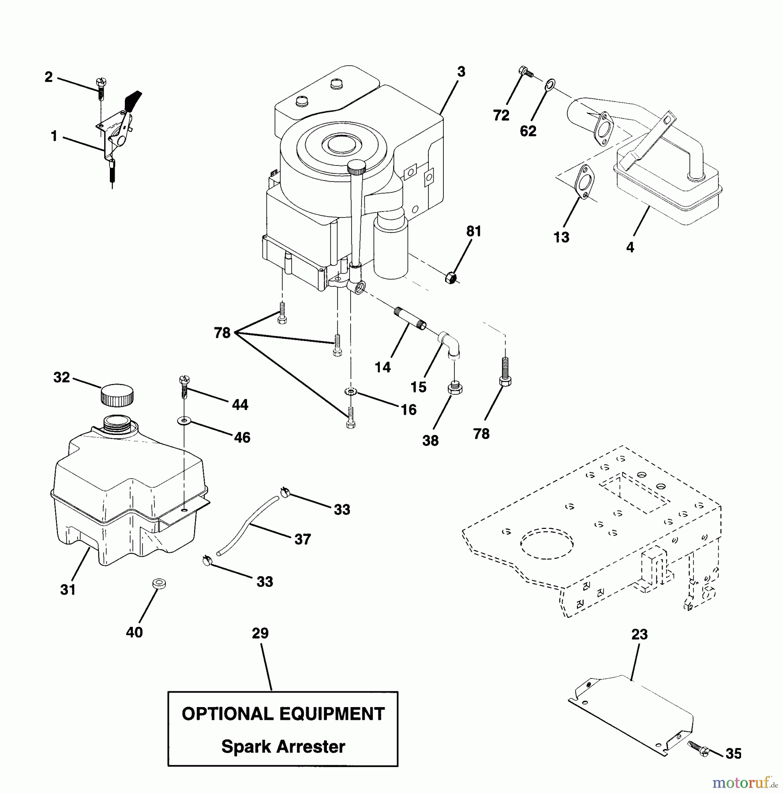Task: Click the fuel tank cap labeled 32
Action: tap(117, 396)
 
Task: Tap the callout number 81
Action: tap(474, 231)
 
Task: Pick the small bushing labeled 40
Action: tap(159, 583)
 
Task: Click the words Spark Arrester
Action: tap(283, 746)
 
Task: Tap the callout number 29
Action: tap(260, 633)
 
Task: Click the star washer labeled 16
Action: tap(350, 392)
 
